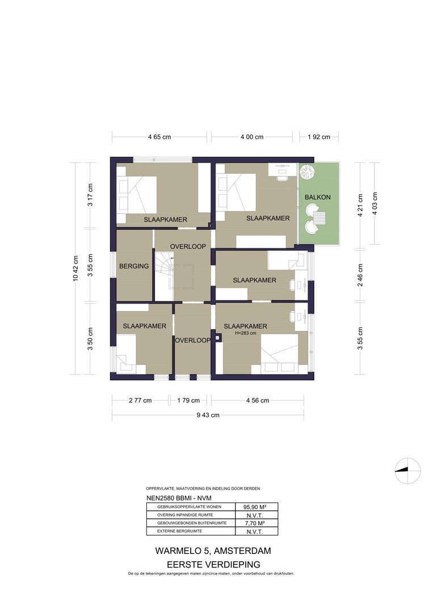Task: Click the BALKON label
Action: (317, 197)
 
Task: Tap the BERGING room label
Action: (134, 266)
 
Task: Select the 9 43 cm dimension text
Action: (208, 415)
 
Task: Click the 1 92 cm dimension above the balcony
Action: (318, 137)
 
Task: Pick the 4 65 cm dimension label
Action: (159, 137)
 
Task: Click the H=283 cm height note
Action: (250, 334)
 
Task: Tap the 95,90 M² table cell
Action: (255, 507)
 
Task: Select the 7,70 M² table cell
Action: (255, 523)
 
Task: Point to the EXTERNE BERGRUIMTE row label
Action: (179, 531)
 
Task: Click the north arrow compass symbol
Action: (407, 470)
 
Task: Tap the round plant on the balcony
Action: (306, 171)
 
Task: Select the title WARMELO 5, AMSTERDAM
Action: (213, 551)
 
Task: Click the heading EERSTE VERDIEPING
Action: (213, 564)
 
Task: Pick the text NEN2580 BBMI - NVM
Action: (175, 498)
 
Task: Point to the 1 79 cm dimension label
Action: (188, 400)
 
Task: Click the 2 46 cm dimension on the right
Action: (360, 275)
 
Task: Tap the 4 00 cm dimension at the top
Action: (252, 137)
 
